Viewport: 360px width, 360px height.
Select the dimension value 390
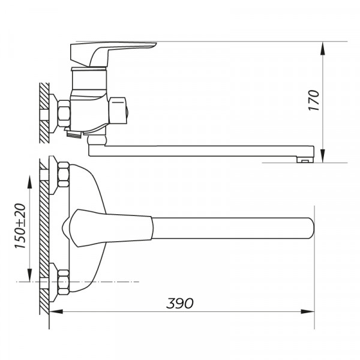coord(181,303)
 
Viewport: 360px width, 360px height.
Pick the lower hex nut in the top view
coord(62,281)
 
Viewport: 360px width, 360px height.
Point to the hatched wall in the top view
coord(43,240)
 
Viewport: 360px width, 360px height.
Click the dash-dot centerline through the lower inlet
coord(108,281)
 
